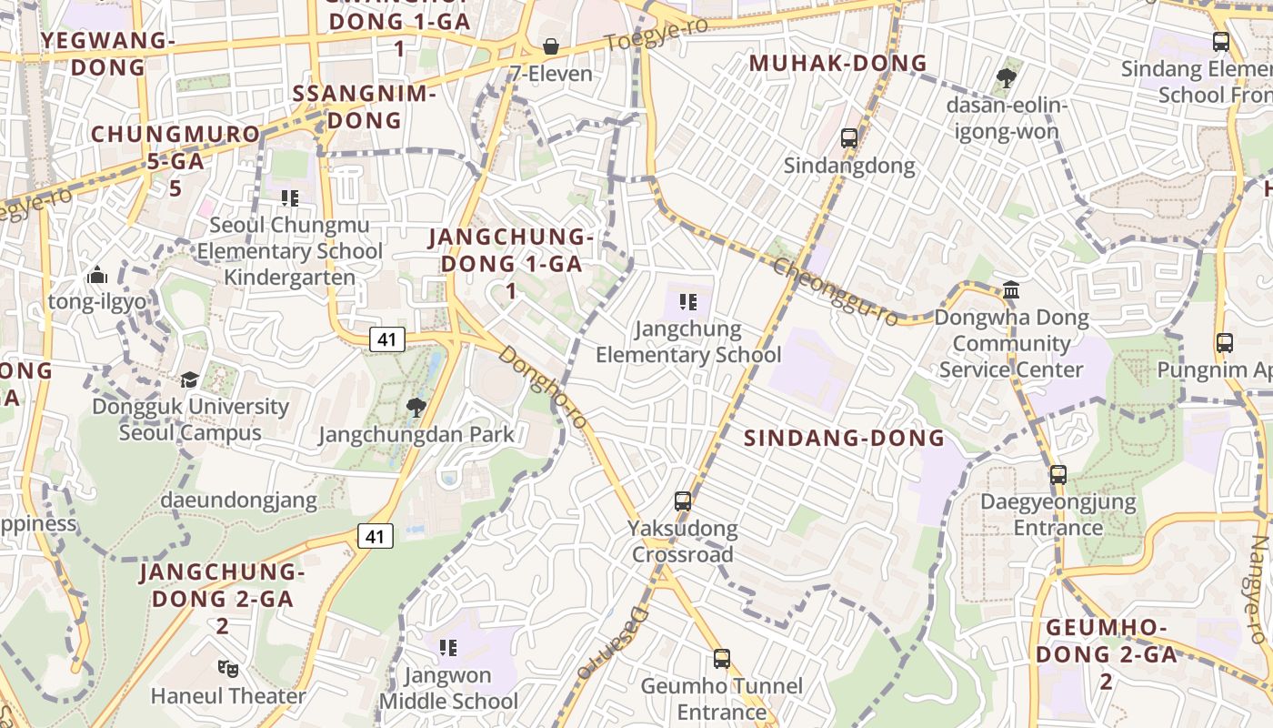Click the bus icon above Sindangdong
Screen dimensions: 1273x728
(x=849, y=138)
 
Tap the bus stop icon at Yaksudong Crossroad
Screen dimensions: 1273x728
(x=683, y=500)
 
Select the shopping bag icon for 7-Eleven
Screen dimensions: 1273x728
(x=550, y=46)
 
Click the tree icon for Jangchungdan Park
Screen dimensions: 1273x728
(x=416, y=407)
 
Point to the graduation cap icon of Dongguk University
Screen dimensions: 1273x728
(x=189, y=379)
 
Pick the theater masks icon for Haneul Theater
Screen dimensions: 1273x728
(x=228, y=669)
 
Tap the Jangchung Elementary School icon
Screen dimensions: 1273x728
(x=688, y=301)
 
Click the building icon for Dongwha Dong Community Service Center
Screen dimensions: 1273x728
(x=1011, y=290)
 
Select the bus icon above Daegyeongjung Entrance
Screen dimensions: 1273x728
(x=1058, y=474)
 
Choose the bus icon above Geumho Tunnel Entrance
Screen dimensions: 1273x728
(x=722, y=658)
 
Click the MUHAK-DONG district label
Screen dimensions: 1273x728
(x=837, y=64)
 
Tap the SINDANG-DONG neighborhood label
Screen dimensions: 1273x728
(x=845, y=439)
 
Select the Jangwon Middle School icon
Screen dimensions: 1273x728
(x=447, y=648)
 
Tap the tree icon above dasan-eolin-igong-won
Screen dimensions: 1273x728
(x=1006, y=78)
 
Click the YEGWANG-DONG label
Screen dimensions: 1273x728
(x=107, y=54)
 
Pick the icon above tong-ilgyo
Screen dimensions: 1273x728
(x=97, y=275)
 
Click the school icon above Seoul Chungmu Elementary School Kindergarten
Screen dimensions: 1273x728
(x=290, y=197)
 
